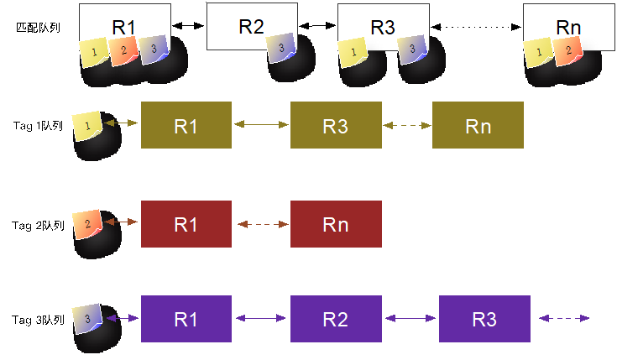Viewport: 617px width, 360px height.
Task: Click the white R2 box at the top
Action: [x=252, y=26]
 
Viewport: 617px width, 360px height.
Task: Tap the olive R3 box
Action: [x=336, y=126]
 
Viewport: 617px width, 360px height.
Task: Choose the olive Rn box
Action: [x=478, y=126]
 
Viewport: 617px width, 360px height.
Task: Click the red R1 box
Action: [x=186, y=224]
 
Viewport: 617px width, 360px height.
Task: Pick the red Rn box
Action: [x=336, y=224]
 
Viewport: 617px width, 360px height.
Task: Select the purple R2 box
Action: [x=336, y=319]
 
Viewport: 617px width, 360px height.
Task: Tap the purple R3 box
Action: [x=484, y=319]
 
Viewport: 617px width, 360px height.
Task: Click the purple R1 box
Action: [x=186, y=319]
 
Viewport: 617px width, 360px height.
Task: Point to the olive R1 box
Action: [x=186, y=126]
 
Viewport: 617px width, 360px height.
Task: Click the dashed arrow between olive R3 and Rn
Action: [x=407, y=125]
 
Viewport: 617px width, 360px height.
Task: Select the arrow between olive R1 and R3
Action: [x=260, y=125]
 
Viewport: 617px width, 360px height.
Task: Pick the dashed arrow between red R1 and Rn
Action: [x=260, y=224]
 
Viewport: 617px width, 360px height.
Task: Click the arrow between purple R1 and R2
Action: [x=260, y=318]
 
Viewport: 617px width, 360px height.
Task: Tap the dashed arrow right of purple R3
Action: [x=564, y=318]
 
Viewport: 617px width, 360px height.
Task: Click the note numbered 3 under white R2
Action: [x=280, y=49]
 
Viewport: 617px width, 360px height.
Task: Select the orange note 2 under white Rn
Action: [x=568, y=50]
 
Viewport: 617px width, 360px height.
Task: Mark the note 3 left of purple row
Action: [x=87, y=318]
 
